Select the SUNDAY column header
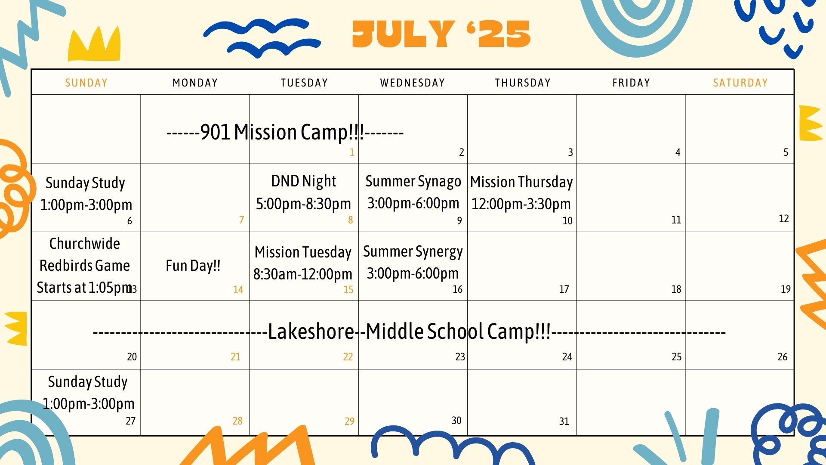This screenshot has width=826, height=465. (x=86, y=83)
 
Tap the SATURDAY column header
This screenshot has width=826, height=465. (x=740, y=83)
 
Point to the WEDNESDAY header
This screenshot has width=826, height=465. (x=413, y=83)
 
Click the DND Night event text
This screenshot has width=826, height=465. (x=304, y=181)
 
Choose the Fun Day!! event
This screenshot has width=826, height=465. (x=193, y=266)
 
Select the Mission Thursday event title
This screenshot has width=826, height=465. (x=521, y=182)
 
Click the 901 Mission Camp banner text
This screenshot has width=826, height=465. (x=285, y=132)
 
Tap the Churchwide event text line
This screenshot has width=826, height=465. (x=85, y=244)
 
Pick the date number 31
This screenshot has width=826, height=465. (x=564, y=422)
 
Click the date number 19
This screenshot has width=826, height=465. (x=786, y=289)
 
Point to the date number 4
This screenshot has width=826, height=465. (x=678, y=152)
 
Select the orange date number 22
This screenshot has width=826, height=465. (x=348, y=357)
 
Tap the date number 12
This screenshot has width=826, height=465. (x=784, y=219)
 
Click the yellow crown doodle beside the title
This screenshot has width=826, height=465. (x=94, y=44)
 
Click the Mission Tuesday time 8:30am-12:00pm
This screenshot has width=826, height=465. (x=303, y=274)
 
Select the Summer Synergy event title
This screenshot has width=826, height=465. (x=413, y=252)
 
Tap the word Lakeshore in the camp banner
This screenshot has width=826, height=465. (x=311, y=332)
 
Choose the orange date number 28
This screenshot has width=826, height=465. (x=237, y=421)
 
